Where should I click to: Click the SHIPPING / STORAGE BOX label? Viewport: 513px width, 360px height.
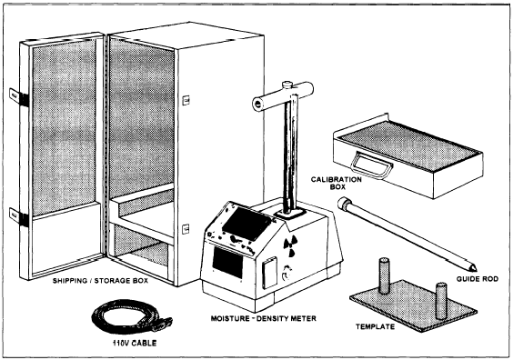pos(100,281)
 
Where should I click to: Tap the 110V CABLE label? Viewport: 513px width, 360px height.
pos(135,343)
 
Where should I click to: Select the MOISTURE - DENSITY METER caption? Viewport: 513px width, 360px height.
pos(264,318)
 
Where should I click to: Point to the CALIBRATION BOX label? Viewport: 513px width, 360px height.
pos(337,183)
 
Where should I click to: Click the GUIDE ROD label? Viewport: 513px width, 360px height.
pos(478,279)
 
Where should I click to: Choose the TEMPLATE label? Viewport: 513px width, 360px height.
pos(375,326)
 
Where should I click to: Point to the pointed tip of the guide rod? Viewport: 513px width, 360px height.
pos(476,270)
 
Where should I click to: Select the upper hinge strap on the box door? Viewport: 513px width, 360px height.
pos(19,97)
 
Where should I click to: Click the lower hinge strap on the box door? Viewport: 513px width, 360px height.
pos(19,216)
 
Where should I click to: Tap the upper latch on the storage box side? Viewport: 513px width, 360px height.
pos(186,100)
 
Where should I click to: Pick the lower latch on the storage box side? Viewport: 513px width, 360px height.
pos(186,229)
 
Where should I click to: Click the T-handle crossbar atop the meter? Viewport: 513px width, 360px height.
pos(283,95)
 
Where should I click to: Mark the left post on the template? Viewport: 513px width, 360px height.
pos(384,275)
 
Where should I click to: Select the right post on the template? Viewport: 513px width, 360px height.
pos(441,300)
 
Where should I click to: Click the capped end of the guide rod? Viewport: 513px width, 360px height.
pos(344,203)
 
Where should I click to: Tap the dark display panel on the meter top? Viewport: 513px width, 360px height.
pos(247,224)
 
